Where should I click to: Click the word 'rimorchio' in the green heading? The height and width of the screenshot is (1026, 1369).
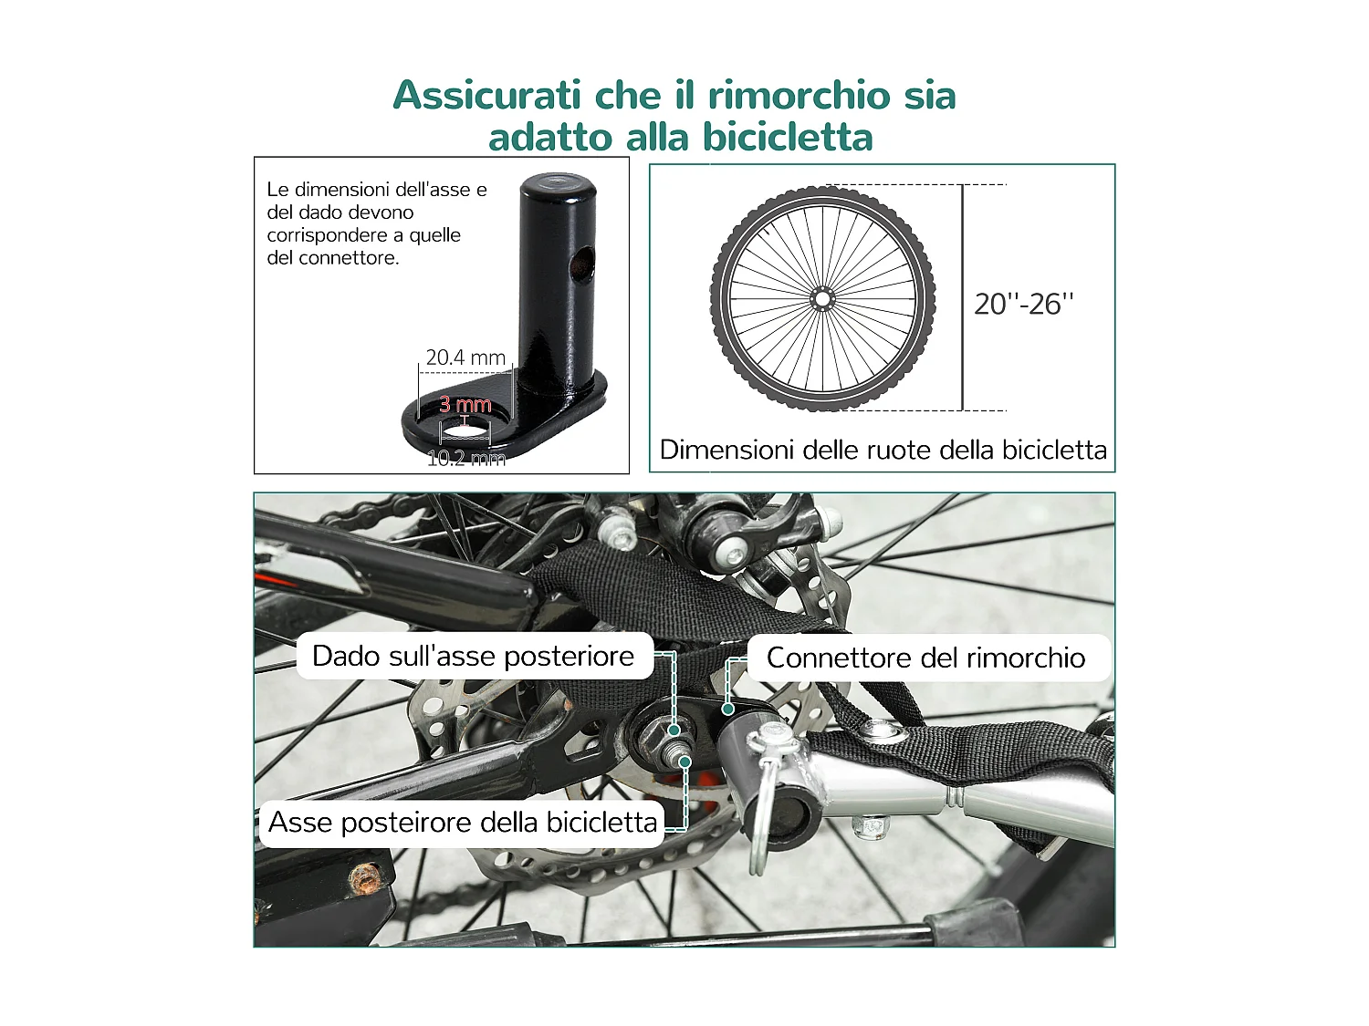[x=799, y=95]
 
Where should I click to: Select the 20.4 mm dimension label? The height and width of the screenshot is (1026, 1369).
[x=465, y=358]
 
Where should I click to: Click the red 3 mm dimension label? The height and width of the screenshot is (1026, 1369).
[x=465, y=404]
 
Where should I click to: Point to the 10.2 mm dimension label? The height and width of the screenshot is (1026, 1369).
[x=465, y=458]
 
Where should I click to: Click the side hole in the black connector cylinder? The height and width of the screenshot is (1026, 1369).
[x=580, y=264]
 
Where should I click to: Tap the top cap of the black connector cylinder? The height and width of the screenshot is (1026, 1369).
[x=559, y=186]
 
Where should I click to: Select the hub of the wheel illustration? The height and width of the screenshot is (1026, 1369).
[x=822, y=298]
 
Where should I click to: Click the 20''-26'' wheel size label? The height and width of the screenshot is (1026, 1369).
[x=1023, y=304]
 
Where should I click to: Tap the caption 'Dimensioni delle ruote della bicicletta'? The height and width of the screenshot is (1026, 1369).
[x=883, y=450]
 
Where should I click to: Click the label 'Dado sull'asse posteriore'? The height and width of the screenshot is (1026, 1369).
[x=473, y=656]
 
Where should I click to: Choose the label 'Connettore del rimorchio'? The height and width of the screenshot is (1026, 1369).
[x=925, y=658]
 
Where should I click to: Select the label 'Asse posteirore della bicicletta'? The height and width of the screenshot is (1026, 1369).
[x=462, y=823]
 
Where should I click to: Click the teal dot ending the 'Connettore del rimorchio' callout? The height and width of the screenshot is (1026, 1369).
[x=728, y=709]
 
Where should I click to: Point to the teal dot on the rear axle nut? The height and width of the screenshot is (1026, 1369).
[x=674, y=730]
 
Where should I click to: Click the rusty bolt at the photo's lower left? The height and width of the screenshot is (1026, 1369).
[x=366, y=877]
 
